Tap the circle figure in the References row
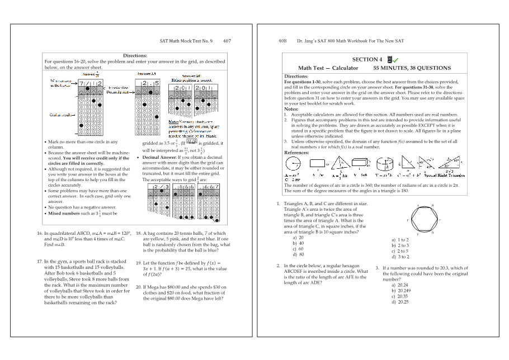[x=293, y=164]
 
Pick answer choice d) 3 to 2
[x=400, y=257]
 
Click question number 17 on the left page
[x=40, y=261]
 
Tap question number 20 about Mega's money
[x=139, y=287]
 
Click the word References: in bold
[x=296, y=153]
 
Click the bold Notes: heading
[x=290, y=109]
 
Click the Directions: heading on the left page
[x=135, y=56]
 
